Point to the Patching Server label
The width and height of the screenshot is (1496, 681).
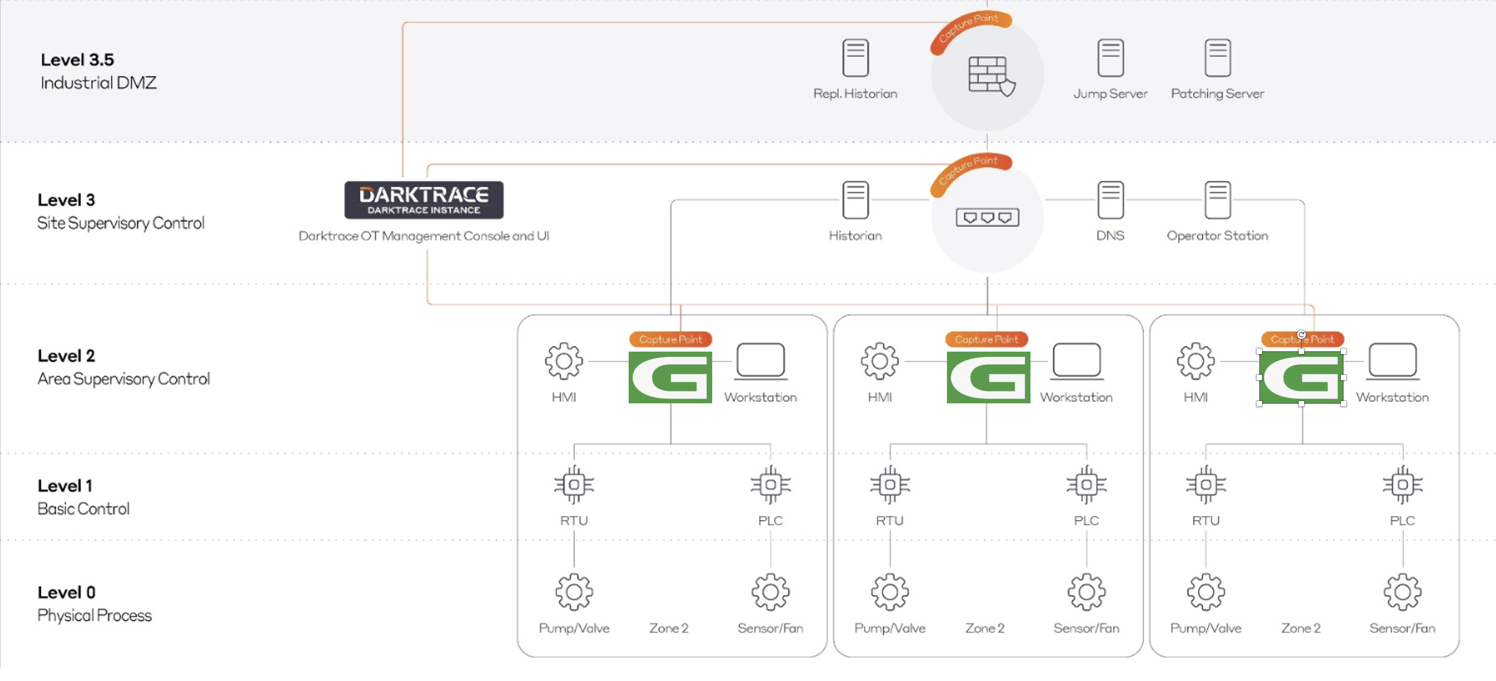[x=1217, y=93]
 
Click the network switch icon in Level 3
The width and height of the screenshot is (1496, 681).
[x=987, y=217]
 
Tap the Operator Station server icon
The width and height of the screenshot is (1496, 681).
[x=1217, y=200]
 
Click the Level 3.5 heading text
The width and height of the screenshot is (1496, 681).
[x=77, y=60]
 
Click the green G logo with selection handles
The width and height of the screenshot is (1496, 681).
[x=1301, y=377]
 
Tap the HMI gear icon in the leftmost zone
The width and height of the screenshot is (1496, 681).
[x=563, y=361]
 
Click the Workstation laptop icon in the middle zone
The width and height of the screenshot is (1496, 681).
[x=1076, y=361]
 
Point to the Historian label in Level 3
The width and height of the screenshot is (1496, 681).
[x=855, y=236]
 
